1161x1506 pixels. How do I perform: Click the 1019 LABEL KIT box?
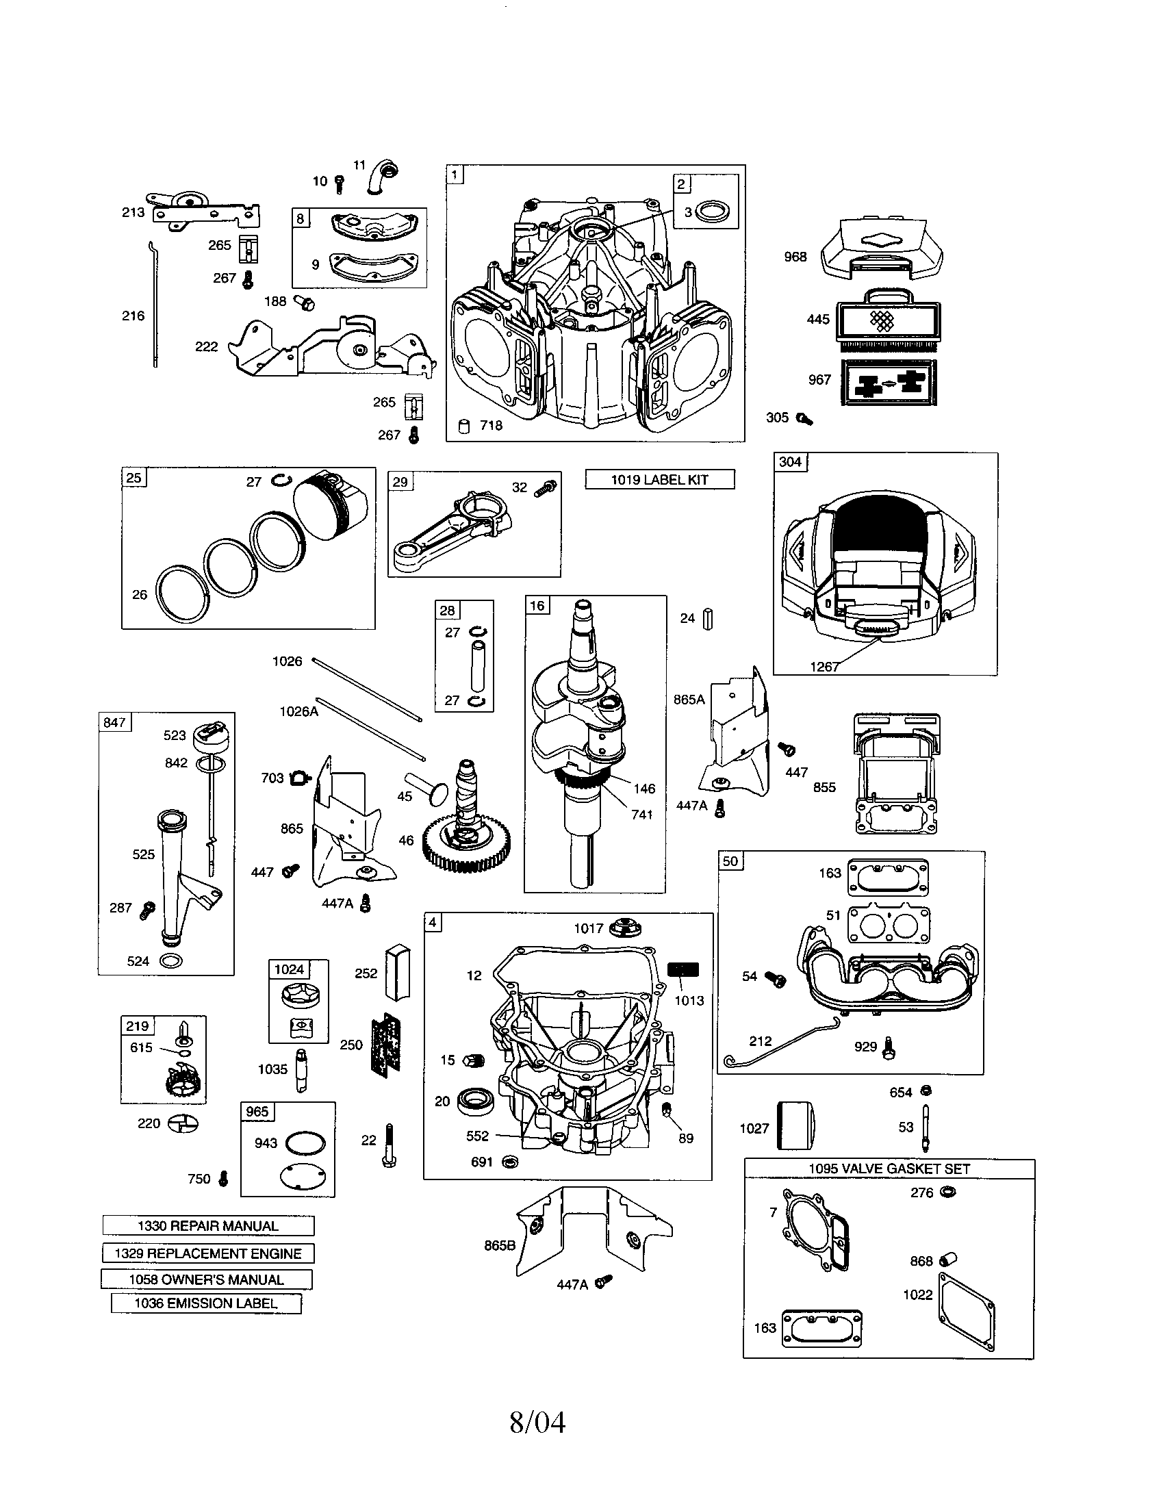[659, 479]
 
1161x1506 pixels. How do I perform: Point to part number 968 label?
[795, 257]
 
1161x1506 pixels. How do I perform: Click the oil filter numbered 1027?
[796, 1127]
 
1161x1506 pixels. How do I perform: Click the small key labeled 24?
[707, 619]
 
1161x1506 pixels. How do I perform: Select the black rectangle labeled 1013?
[683, 969]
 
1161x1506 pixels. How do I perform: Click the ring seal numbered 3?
[709, 212]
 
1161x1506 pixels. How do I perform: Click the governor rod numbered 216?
[154, 303]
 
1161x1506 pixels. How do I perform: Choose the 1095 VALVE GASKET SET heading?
[889, 1169]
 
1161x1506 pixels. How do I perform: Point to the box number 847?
[114, 722]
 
